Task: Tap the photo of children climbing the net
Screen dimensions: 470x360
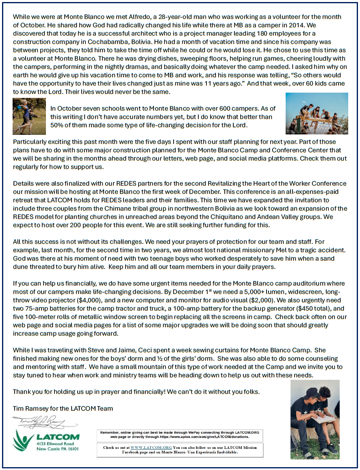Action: (x=317, y=113)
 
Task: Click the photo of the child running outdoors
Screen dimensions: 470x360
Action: (x=29, y=116)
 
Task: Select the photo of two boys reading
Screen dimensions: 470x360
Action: (x=314, y=419)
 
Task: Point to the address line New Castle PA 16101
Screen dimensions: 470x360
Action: (x=60, y=449)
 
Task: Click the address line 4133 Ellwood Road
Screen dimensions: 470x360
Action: (x=59, y=444)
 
